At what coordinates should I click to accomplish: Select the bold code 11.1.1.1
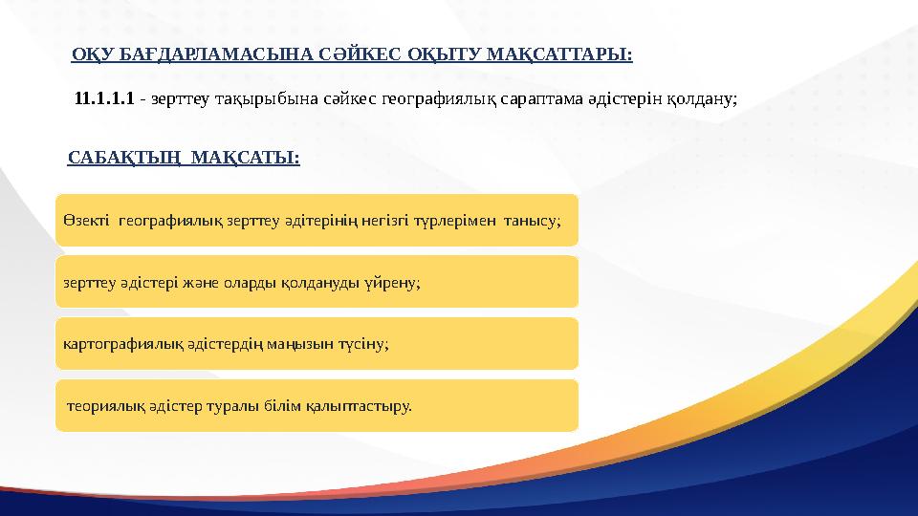(x=104, y=98)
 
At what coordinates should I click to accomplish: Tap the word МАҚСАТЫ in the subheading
(x=246, y=157)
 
